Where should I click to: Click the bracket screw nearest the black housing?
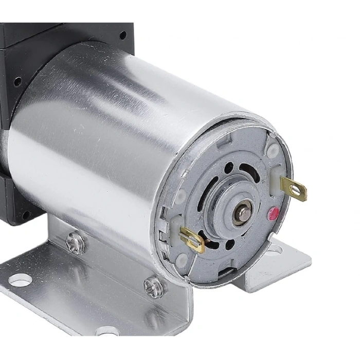click(x=76, y=242)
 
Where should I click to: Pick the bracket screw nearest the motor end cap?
click(x=154, y=286)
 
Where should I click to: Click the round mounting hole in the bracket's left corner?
click(x=20, y=280)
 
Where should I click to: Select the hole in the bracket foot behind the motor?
click(x=273, y=250)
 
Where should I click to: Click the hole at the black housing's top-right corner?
click(x=122, y=35)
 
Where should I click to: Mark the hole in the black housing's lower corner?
click(x=25, y=215)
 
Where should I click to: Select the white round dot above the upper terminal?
click(x=273, y=150)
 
